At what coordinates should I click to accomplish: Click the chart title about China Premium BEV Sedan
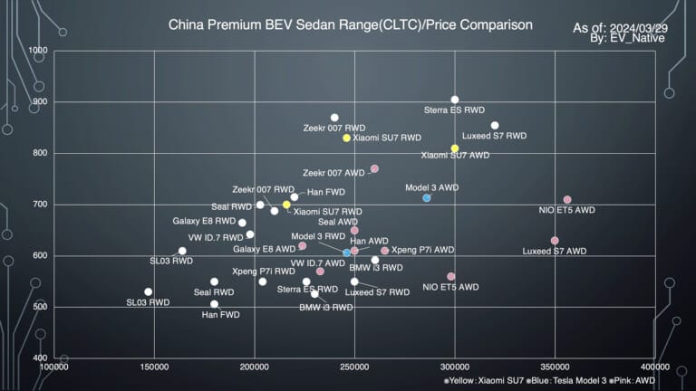tap(350, 24)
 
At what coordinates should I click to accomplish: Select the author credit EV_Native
tap(626, 38)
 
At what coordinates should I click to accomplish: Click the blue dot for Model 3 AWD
tap(427, 197)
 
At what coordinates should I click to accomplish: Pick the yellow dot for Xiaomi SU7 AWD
tap(455, 148)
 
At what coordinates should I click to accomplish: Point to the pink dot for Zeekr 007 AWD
tap(374, 168)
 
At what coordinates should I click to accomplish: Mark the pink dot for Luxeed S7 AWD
tap(555, 241)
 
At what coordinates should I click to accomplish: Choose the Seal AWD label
tap(338, 222)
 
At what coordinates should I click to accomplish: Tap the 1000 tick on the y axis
tap(38, 51)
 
